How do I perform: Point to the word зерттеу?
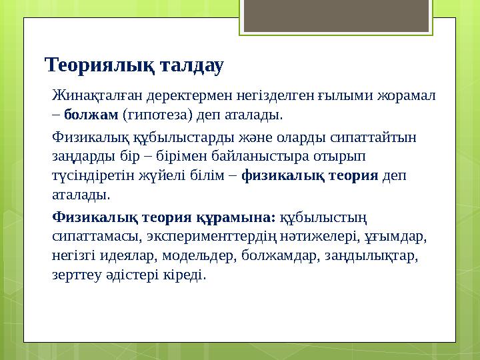coord(75,273)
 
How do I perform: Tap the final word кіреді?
coord(187,273)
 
